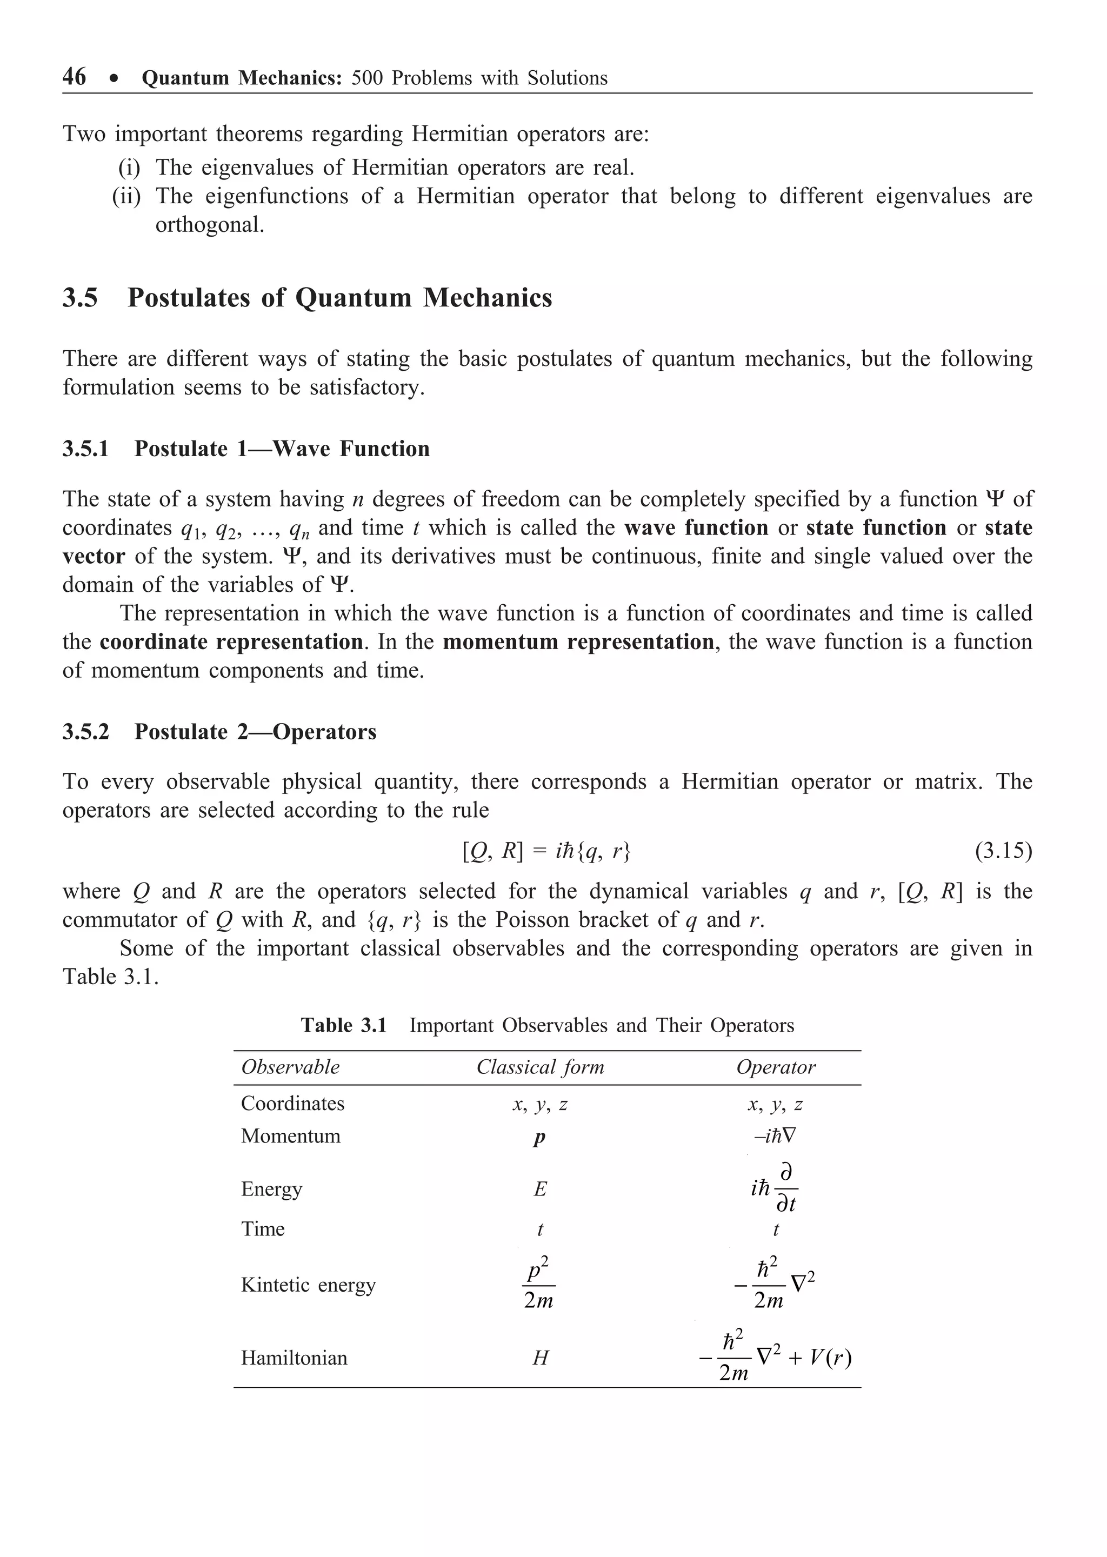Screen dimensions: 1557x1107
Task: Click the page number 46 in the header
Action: pyautogui.click(x=74, y=77)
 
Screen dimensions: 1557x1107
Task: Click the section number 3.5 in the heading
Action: pyautogui.click(x=81, y=298)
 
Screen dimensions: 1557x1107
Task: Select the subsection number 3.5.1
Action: pyautogui.click(x=86, y=449)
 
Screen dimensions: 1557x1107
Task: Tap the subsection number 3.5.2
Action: pyautogui.click(x=86, y=732)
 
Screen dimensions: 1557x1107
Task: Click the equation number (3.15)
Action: pyautogui.click(x=1003, y=851)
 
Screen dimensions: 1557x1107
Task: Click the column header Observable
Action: pyautogui.click(x=290, y=1067)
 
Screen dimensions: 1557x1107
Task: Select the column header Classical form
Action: pyautogui.click(x=540, y=1067)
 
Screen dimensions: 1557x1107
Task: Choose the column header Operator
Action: pyautogui.click(x=776, y=1067)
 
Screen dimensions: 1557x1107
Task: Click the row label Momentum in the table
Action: pyautogui.click(x=290, y=1136)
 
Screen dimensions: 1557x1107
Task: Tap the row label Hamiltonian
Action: pyautogui.click(x=294, y=1358)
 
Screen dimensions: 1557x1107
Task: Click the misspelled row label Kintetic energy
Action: pyautogui.click(x=308, y=1285)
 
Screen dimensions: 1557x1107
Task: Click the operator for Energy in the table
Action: pyautogui.click(x=775, y=1189)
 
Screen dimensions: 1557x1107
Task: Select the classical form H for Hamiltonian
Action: pyautogui.click(x=540, y=1359)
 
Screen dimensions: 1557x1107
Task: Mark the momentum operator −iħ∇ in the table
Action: pyautogui.click(x=775, y=1136)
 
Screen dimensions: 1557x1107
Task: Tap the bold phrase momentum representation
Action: pyautogui.click(x=578, y=643)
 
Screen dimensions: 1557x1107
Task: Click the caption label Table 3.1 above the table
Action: pyautogui.click(x=344, y=1026)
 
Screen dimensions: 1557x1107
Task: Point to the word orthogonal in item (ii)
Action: pyautogui.click(x=209, y=225)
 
